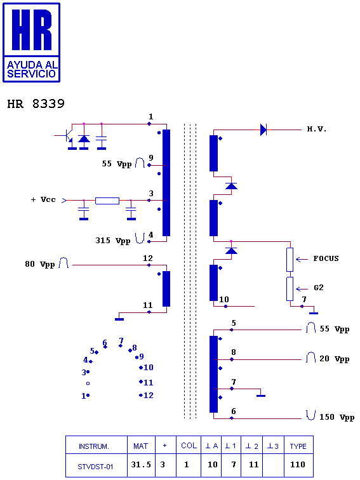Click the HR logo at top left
tap(31, 43)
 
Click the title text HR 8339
tap(36, 103)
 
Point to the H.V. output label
tap(317, 129)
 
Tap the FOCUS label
tap(326, 258)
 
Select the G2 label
tap(319, 288)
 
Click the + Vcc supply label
tap(43, 199)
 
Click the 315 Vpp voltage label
tap(112, 241)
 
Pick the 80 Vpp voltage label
tap(40, 264)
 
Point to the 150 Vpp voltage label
tap(337, 417)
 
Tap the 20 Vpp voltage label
tap(334, 359)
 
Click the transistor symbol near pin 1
tap(67, 136)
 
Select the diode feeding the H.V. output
tap(263, 130)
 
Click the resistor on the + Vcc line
tap(107, 201)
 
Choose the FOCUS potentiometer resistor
tap(290, 260)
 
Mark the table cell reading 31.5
tap(141, 465)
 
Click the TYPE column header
tap(298, 446)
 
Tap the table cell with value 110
tap(299, 465)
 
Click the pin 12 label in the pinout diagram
tap(148, 396)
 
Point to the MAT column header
tap(140, 446)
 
